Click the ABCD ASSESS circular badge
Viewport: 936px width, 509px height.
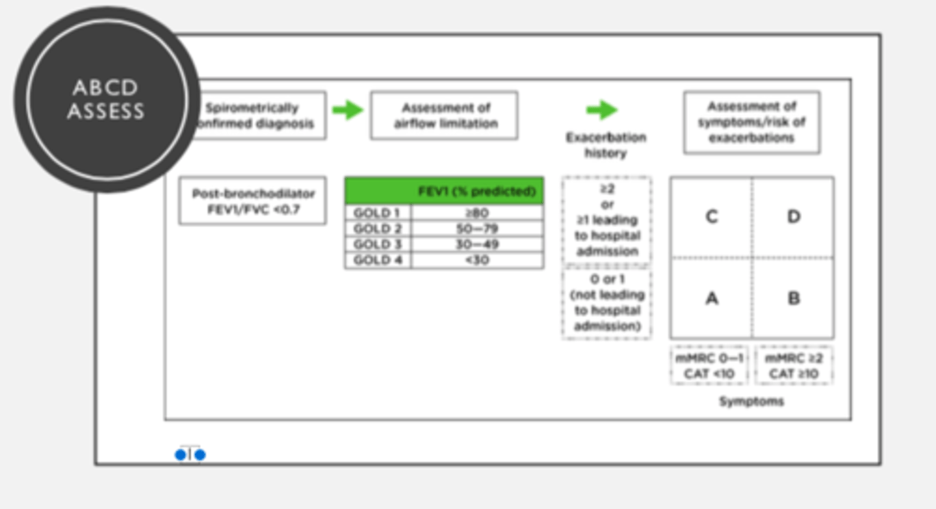coord(106,99)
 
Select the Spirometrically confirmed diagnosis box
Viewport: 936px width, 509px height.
coord(260,116)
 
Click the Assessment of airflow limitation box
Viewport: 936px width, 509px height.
coord(445,116)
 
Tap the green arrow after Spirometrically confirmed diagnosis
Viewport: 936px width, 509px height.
coord(348,110)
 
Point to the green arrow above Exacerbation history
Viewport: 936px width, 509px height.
coord(602,110)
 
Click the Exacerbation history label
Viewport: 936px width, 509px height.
coord(606,145)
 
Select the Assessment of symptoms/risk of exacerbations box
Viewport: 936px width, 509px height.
coord(751,122)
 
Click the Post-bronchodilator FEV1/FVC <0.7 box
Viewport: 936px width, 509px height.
coord(253,202)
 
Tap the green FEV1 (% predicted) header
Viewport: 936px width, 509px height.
coord(445,191)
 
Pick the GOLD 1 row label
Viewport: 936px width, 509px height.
coord(378,213)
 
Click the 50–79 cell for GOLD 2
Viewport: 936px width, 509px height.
coord(478,229)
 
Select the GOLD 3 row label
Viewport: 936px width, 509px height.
coord(378,244)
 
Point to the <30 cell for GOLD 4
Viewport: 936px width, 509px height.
coord(478,260)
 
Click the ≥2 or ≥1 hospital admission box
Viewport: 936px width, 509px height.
coord(606,220)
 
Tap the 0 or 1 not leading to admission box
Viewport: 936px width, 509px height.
coord(606,302)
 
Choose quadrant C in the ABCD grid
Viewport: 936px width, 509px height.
coord(712,217)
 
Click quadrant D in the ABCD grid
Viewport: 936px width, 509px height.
coord(793,217)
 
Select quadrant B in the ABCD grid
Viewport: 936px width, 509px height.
coord(793,298)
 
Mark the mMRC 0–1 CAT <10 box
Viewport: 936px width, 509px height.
coord(709,366)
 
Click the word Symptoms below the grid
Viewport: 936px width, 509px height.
coord(751,402)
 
